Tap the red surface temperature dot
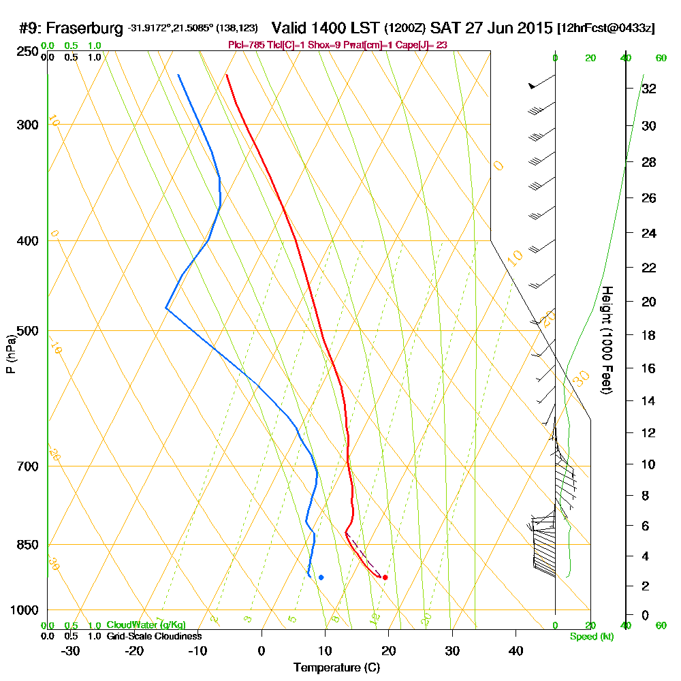click(x=385, y=577)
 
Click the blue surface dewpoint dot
click(x=321, y=577)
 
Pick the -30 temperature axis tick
click(x=70, y=650)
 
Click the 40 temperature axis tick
click(x=516, y=650)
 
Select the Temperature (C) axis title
click(x=336, y=668)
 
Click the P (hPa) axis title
click(x=10, y=353)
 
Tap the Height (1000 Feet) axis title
click(x=607, y=340)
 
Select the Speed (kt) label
click(x=590, y=636)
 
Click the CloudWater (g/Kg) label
click(x=146, y=625)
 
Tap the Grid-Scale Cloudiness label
click(x=153, y=636)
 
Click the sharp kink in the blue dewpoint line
click(x=166, y=308)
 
